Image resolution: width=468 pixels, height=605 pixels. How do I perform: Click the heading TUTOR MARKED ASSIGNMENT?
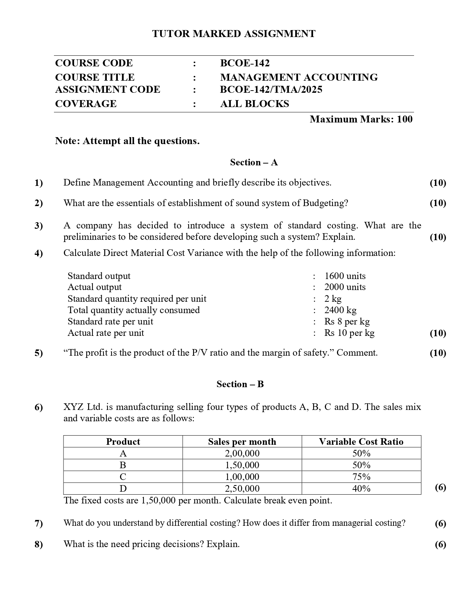click(x=234, y=34)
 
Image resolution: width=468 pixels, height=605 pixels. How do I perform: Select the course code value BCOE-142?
click(x=245, y=63)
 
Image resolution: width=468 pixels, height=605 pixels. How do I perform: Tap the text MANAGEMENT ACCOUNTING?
click(x=299, y=77)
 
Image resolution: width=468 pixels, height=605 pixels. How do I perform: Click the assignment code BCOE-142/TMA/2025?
click(x=271, y=89)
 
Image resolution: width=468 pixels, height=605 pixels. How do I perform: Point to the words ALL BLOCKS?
click(x=254, y=104)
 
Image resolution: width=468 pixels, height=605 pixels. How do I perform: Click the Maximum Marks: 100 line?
click(x=361, y=119)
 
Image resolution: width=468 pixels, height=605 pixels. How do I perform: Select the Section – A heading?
click(x=254, y=162)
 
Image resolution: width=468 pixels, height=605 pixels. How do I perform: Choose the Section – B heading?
click(x=240, y=384)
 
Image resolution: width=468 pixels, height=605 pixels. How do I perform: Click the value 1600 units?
click(x=345, y=276)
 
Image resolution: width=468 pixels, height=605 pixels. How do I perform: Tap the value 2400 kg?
click(x=340, y=310)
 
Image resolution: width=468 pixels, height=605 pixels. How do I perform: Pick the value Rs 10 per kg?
click(x=349, y=333)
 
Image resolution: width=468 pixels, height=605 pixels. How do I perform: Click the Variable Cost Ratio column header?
click(x=361, y=441)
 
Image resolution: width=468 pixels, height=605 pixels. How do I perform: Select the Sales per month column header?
click(x=242, y=441)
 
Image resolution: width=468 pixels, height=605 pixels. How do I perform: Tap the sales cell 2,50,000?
click(x=242, y=488)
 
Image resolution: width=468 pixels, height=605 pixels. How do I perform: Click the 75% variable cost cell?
click(x=361, y=477)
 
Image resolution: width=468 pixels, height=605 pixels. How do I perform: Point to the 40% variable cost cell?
click(x=361, y=488)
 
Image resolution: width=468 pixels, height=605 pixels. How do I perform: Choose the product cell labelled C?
click(x=123, y=477)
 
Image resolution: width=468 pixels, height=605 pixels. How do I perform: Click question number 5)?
click(x=39, y=353)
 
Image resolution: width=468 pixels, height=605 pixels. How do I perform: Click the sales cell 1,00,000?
click(x=242, y=477)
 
